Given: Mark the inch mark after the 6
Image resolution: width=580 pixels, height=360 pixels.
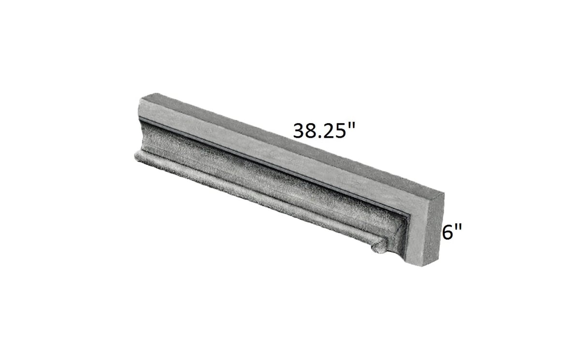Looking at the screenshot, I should (x=459, y=228).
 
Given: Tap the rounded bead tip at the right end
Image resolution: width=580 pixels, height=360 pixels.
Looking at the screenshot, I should (x=378, y=248).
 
